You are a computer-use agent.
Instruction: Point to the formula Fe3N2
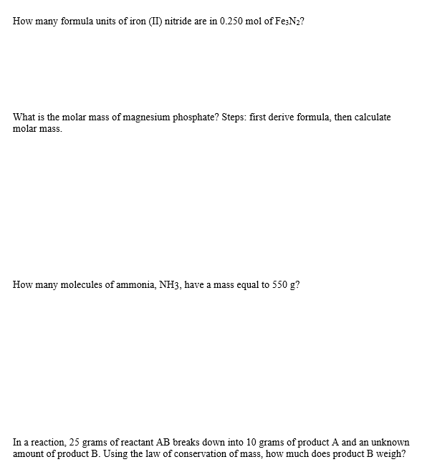(292, 21)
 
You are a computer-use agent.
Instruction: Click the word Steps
(229, 117)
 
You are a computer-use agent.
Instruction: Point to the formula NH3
(171, 285)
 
